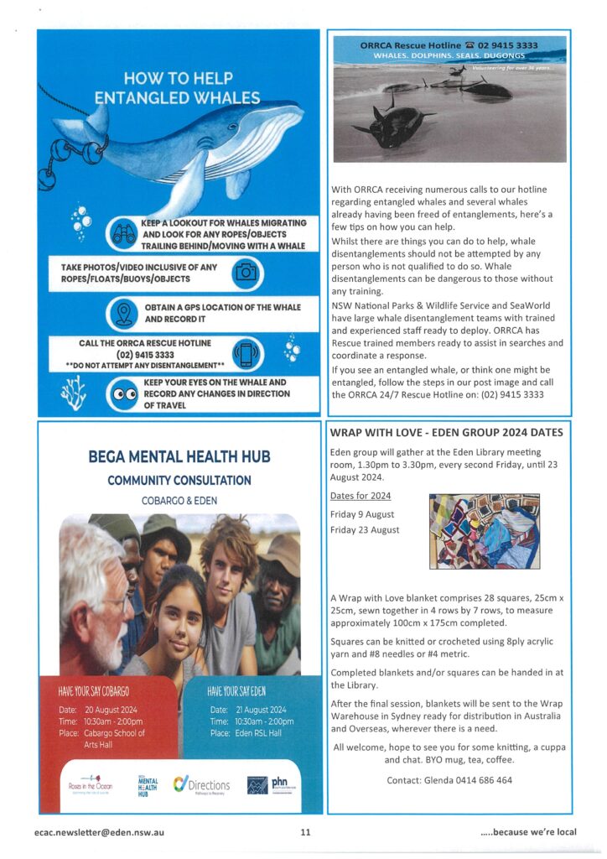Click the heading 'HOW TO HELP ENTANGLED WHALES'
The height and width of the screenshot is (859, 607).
pyautogui.click(x=177, y=86)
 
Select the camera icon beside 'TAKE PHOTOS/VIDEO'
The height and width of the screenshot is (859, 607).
pyautogui.click(x=246, y=272)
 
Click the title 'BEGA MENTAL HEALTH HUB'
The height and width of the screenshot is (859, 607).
pyautogui.click(x=179, y=458)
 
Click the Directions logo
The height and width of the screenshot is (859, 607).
pyautogui.click(x=201, y=784)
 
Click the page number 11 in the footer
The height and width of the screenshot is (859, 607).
pyautogui.click(x=306, y=832)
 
